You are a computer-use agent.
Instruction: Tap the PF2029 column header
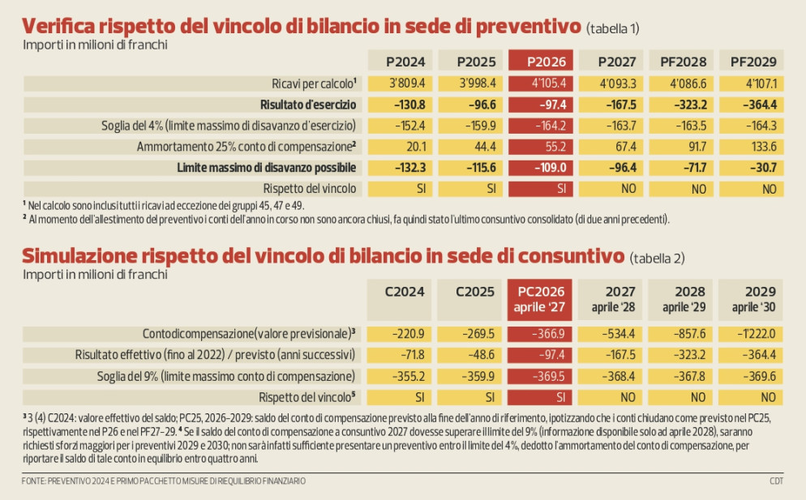pos(752,61)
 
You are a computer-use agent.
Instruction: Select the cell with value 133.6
pos(752,147)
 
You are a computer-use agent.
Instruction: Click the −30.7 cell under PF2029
pos(752,168)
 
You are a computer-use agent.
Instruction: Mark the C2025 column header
pos(470,293)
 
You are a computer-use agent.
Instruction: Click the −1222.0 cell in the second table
pos(752,333)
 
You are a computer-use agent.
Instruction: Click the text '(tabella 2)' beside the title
pos(657,258)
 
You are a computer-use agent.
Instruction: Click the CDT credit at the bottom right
pos(776,481)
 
